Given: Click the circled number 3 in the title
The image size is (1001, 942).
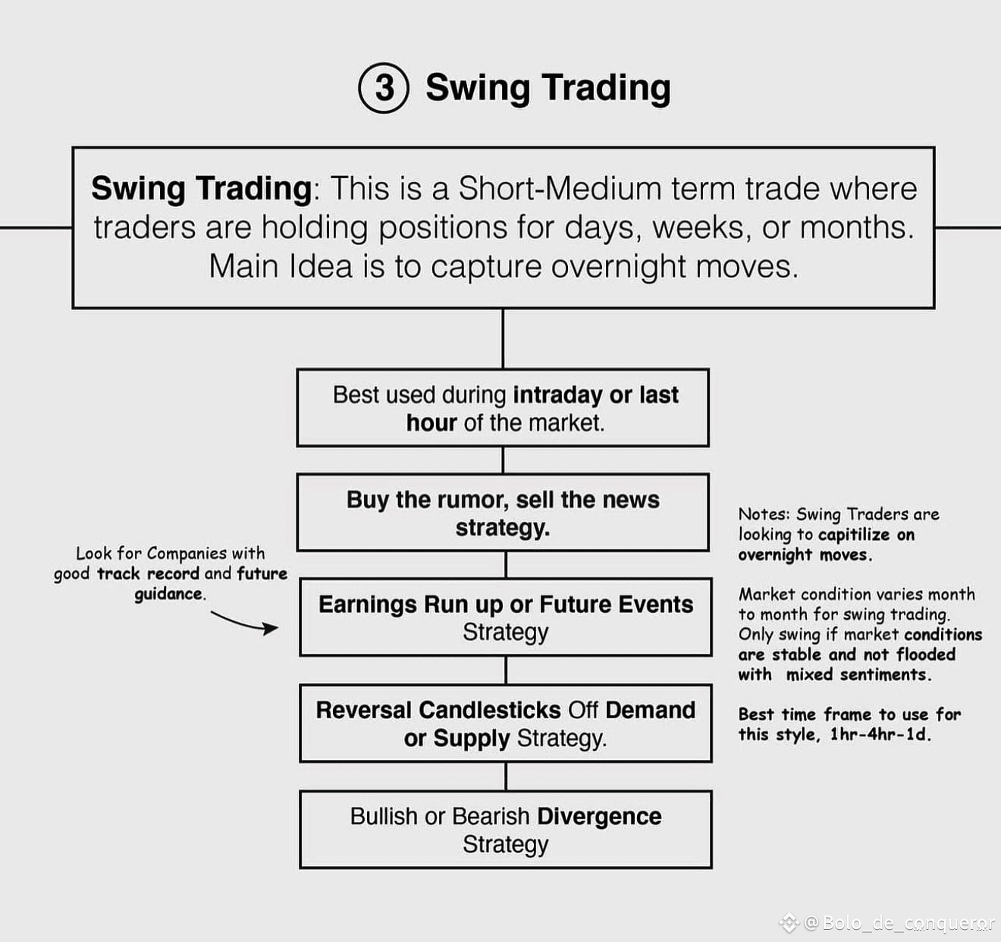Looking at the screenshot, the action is pos(384,87).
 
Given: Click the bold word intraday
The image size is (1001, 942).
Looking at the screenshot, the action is pos(557,394).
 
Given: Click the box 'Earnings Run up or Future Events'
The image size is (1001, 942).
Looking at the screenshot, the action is pos(506,617).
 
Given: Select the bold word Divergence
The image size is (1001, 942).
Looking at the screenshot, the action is pos(599,816).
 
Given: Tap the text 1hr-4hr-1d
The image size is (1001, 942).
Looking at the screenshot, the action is pos(880,734).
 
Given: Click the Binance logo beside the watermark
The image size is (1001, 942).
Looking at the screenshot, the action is pos(789,923).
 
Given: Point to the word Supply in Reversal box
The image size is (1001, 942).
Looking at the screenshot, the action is pos(472,739).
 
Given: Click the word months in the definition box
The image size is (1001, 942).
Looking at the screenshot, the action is pos(857,228).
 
